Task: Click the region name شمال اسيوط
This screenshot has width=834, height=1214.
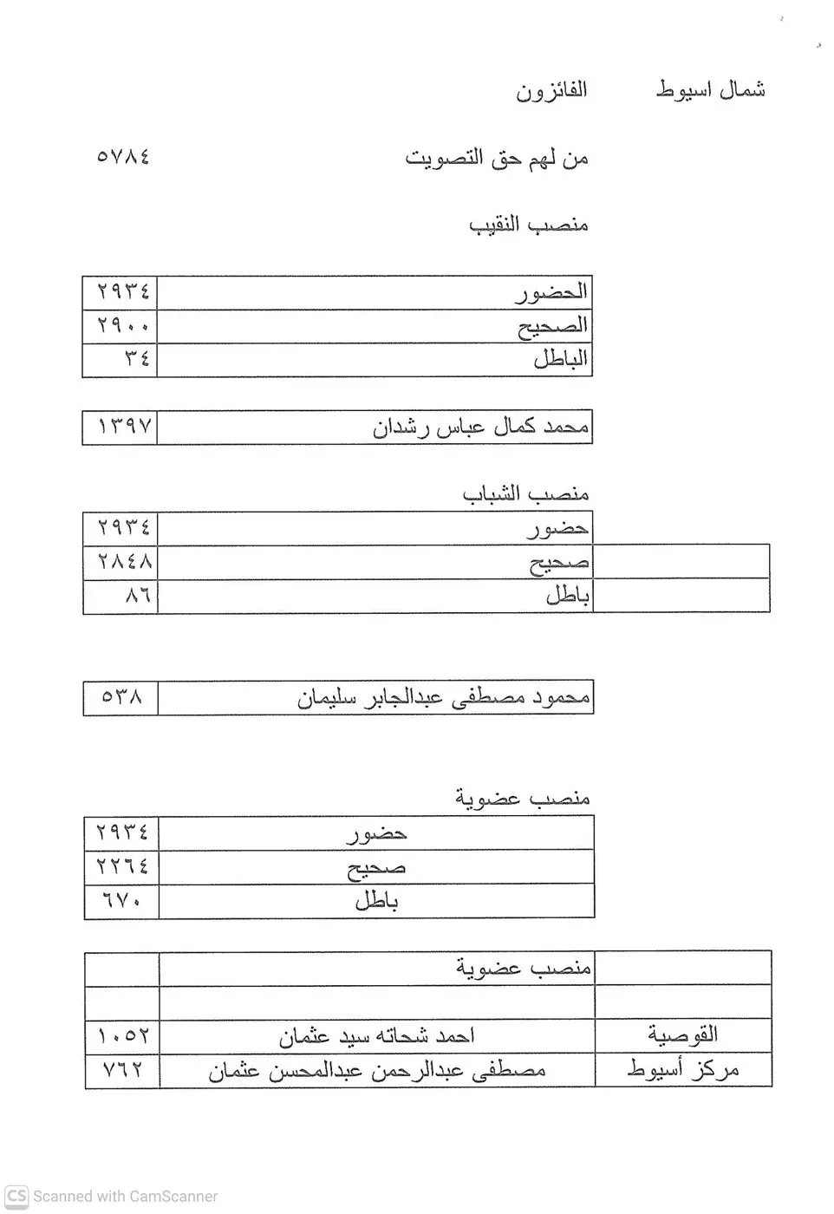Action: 710,89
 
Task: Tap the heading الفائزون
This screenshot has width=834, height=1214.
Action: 551,90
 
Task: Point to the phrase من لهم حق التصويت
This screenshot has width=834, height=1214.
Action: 497,158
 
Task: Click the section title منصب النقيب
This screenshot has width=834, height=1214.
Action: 529,225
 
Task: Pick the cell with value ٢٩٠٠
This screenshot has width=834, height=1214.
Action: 123,326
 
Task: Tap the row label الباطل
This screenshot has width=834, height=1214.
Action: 560,359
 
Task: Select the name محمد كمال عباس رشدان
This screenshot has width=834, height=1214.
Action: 481,427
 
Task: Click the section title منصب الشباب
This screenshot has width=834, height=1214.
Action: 525,493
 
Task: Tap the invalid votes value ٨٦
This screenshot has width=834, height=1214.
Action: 137,596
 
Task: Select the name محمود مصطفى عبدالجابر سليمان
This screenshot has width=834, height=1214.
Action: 443,697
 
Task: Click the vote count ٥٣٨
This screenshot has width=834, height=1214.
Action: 122,697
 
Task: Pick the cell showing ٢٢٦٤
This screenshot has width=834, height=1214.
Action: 123,866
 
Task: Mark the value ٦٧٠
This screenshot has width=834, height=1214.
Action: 123,901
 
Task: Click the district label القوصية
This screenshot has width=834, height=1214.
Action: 683,1035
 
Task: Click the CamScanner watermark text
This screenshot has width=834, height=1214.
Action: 113,1197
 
